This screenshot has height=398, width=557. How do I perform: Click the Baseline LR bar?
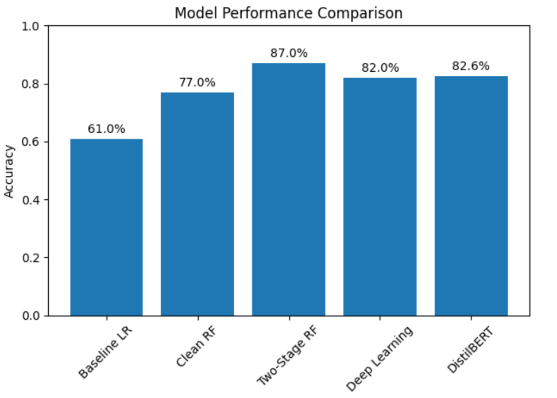pos(106,227)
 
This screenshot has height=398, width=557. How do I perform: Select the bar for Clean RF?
pos(197,204)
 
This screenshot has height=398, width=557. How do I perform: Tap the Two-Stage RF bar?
pos(288,190)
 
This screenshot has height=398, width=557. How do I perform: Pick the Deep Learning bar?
pos(380,197)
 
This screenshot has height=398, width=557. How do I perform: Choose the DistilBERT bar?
pos(471,196)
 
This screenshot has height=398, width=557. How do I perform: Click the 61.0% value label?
pos(106,129)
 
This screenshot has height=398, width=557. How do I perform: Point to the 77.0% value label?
pos(197,83)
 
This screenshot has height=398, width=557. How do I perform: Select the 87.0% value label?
pos(289,53)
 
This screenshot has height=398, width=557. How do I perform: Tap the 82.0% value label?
pos(380,68)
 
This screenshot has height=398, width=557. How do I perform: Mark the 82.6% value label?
pos(471,66)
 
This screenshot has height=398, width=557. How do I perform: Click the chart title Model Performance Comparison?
pos(289,13)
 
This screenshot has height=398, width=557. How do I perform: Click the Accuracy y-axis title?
pos(9,171)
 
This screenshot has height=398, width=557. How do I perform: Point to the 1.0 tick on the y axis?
pos(31,26)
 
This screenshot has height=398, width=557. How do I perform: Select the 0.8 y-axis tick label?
pos(31,84)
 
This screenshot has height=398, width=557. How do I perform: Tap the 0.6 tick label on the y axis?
pos(31,142)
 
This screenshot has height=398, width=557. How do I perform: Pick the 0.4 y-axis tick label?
pos(31,200)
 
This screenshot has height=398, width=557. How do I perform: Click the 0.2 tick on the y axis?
pos(31,258)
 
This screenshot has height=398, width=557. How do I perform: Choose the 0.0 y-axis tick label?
pos(31,316)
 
